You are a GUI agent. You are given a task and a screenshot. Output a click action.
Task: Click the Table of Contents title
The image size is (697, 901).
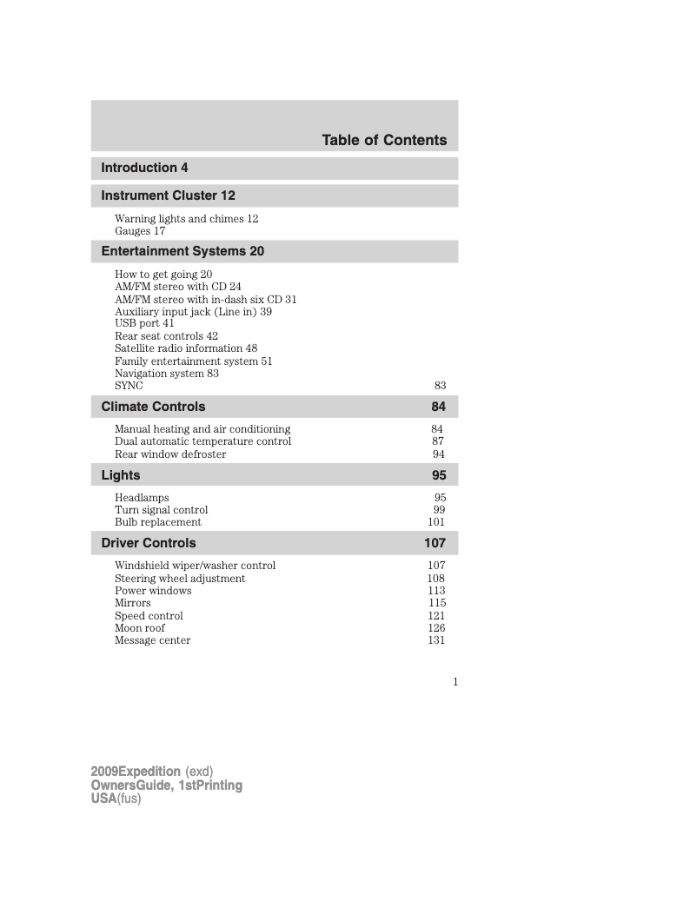click(x=384, y=140)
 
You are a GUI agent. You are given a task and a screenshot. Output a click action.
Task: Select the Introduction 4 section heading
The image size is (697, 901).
click(x=144, y=168)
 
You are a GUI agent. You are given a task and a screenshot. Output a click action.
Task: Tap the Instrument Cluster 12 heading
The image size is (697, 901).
click(x=168, y=195)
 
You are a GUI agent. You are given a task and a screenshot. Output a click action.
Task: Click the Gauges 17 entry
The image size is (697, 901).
click(x=140, y=231)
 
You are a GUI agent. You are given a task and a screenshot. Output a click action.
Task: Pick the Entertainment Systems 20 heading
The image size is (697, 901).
click(x=183, y=251)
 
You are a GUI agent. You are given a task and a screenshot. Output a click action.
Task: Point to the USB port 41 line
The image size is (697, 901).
click(x=144, y=323)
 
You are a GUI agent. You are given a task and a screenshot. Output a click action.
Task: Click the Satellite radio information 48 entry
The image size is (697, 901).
click(x=186, y=348)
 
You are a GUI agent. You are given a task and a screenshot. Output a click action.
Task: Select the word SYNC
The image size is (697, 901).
click(x=129, y=386)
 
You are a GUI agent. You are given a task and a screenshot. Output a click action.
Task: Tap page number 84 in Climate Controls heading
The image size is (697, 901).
click(x=438, y=407)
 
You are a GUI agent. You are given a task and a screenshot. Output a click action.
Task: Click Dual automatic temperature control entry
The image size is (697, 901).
click(x=202, y=441)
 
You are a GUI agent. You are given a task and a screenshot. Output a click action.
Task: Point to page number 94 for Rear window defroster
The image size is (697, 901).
click(x=439, y=454)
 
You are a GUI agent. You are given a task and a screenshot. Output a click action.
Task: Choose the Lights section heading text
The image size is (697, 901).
click(x=121, y=475)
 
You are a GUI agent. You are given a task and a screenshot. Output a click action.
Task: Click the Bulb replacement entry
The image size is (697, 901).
click(x=157, y=522)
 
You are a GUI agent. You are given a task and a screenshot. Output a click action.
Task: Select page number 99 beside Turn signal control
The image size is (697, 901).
click(x=439, y=510)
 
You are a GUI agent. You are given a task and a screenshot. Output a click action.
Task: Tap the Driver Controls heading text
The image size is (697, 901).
click(x=149, y=543)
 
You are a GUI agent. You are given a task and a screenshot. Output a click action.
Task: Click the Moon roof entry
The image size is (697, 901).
click(x=139, y=628)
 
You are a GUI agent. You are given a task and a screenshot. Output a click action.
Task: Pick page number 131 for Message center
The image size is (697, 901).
click(x=436, y=640)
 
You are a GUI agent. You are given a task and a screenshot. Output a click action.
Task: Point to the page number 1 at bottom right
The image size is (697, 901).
click(x=455, y=682)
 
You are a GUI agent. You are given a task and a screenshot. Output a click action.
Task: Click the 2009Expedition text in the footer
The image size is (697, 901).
click(x=136, y=772)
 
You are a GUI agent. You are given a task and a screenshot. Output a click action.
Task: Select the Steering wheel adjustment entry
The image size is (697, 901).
click(x=180, y=579)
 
